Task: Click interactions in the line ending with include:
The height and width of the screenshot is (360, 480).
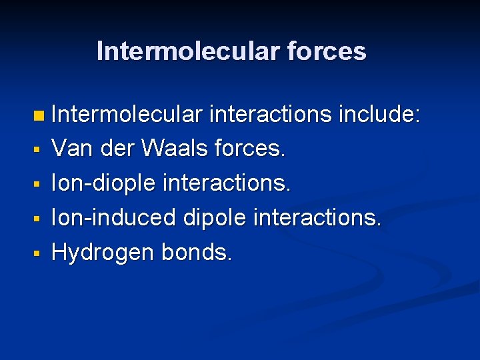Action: coord(271,115)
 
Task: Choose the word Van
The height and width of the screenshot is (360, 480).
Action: coord(73,149)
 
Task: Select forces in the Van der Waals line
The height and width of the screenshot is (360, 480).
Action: coord(250,149)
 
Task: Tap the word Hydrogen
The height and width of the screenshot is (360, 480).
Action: coord(104,252)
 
